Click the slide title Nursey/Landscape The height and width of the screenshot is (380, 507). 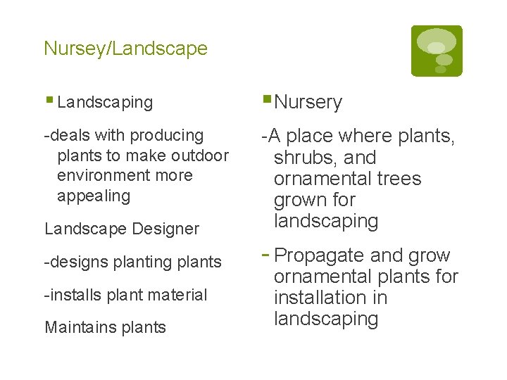125,49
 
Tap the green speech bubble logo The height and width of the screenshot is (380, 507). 437,51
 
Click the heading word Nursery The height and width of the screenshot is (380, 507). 308,103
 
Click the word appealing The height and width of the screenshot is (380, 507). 94,195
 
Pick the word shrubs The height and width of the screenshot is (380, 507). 303,158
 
